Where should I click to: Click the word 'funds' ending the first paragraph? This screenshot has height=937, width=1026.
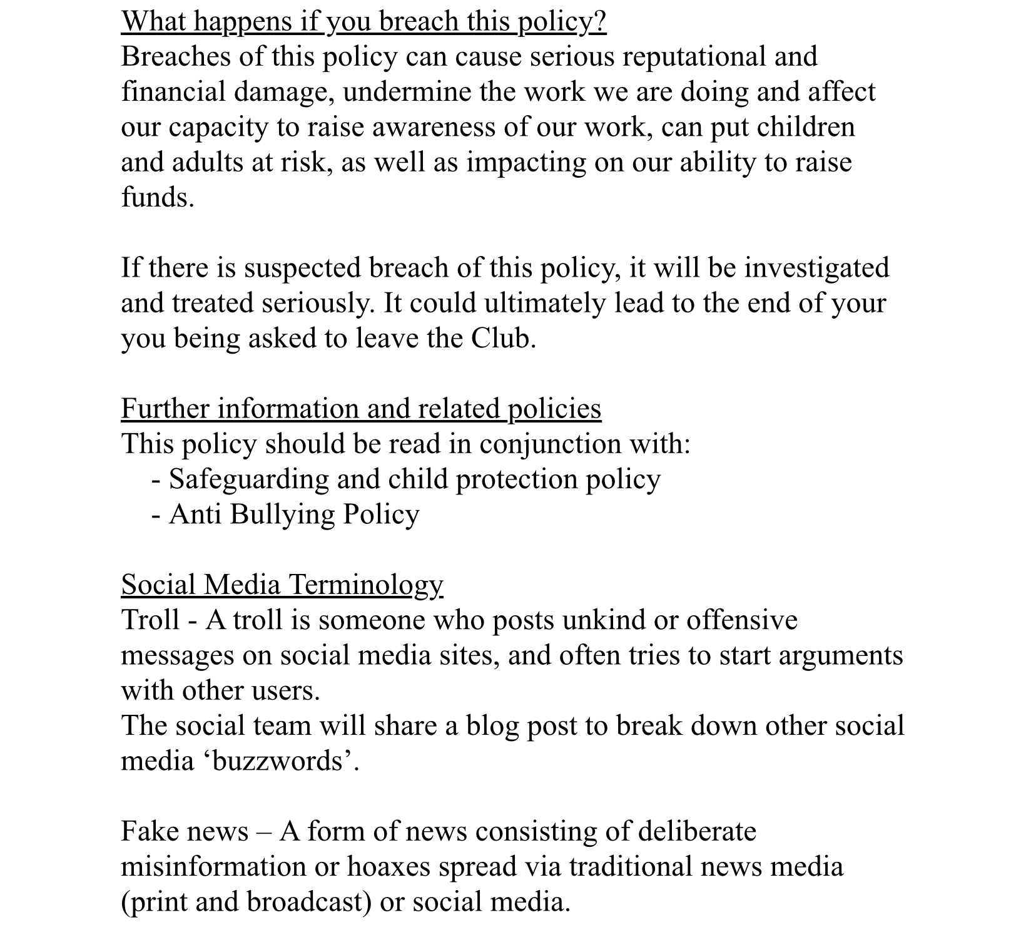point(155,197)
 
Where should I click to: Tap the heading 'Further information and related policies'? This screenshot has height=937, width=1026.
point(361,409)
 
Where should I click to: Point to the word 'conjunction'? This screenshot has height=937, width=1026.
point(551,444)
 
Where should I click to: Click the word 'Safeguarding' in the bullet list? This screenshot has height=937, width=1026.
point(248,479)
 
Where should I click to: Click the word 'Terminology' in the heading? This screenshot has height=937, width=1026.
point(366,585)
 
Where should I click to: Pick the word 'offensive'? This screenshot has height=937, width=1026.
point(741,620)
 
